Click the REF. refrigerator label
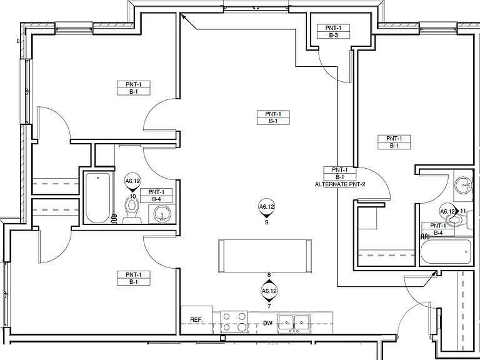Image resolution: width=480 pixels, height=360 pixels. [196, 320]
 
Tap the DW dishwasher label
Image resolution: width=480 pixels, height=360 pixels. [267, 323]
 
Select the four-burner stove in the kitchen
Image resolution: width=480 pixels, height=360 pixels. [234, 322]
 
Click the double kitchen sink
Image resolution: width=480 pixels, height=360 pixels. [294, 324]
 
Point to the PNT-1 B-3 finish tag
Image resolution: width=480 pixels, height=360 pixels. [333, 31]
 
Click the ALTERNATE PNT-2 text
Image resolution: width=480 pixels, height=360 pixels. [340, 184]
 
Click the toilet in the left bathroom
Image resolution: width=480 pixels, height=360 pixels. [132, 210]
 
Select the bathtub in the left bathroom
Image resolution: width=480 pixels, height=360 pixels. [97, 197]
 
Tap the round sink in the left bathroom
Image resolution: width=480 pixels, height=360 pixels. [162, 214]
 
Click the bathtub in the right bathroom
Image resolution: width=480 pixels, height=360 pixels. [446, 252]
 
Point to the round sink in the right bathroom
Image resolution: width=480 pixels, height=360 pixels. [463, 185]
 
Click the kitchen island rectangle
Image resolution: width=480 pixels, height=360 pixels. [265, 256]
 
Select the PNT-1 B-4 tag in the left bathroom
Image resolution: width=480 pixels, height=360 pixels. [156, 196]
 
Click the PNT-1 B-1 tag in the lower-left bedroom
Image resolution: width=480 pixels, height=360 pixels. [134, 278]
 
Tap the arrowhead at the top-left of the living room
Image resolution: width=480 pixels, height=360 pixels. [182, 16]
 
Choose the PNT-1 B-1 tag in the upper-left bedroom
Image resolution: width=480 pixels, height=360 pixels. [134, 88]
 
